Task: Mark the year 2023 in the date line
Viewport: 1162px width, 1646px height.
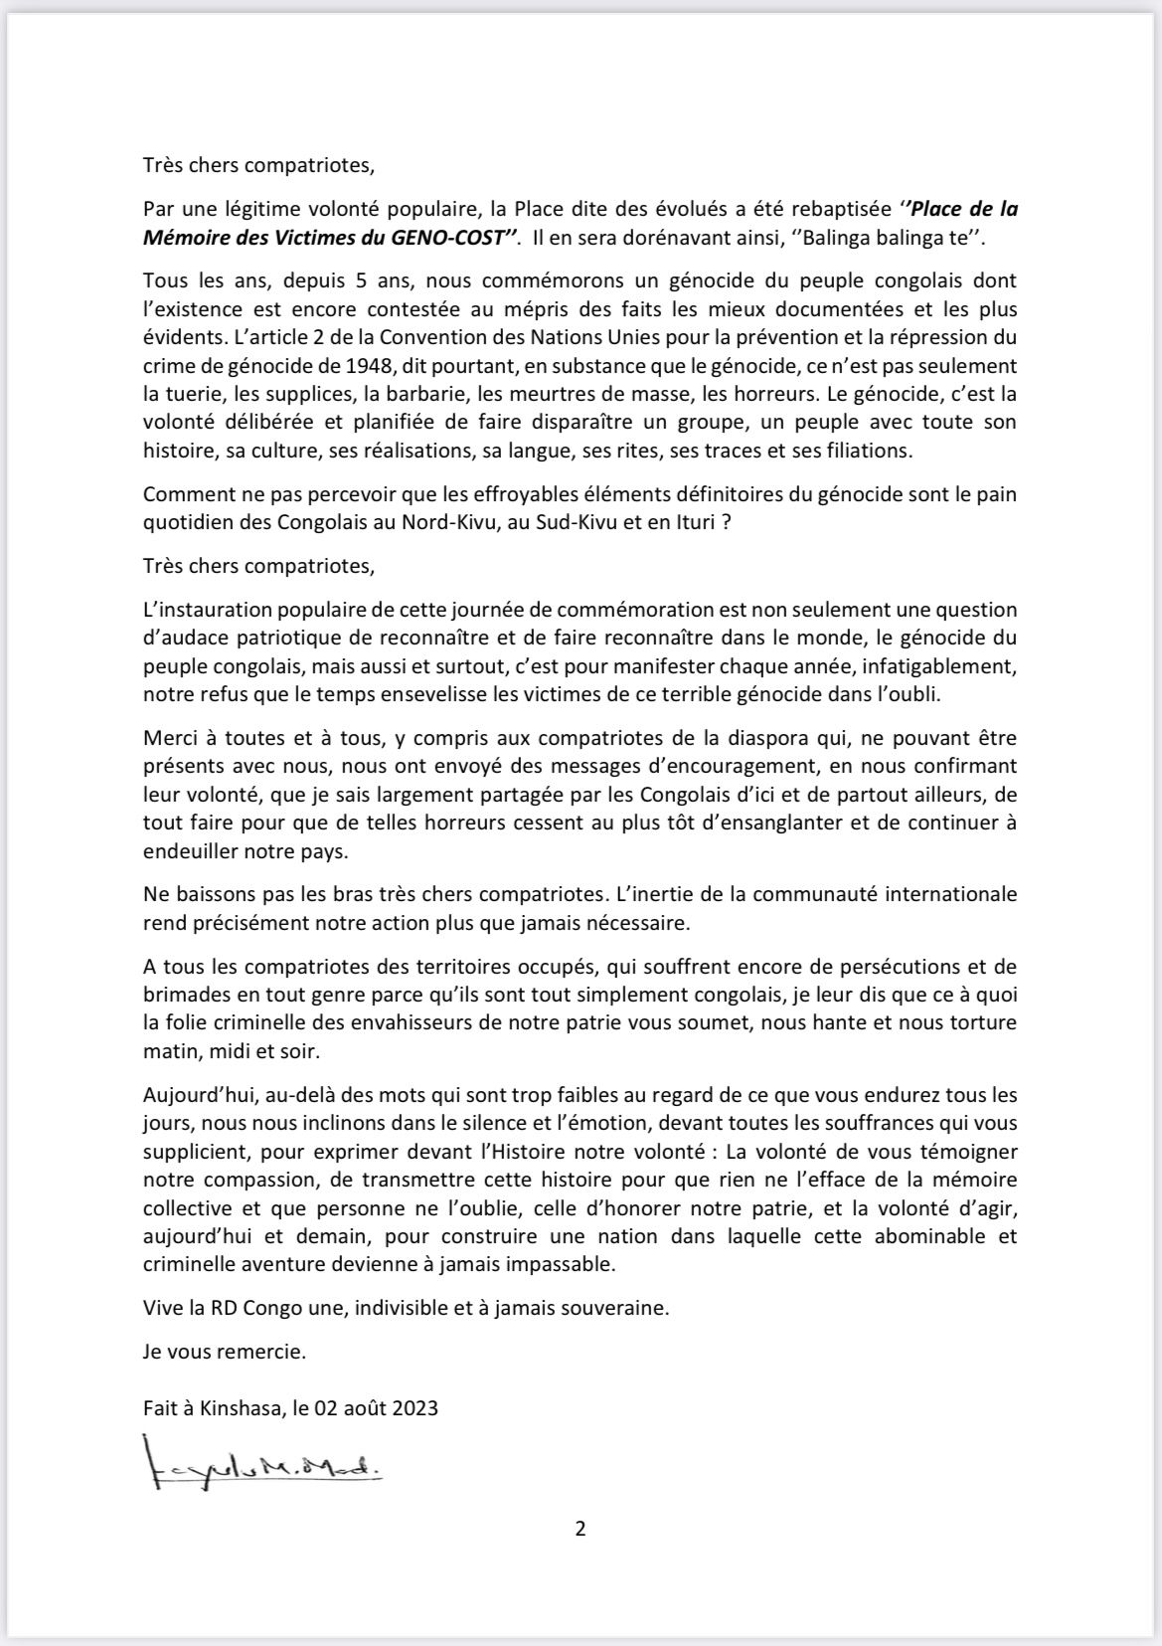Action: (416, 1407)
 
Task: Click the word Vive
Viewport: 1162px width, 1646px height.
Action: (163, 1308)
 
